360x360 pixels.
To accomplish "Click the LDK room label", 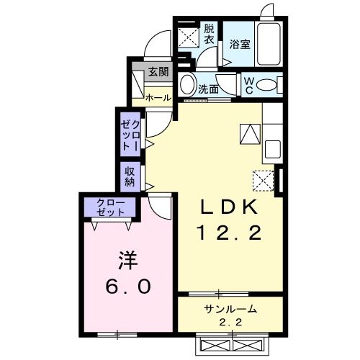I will click(228, 207).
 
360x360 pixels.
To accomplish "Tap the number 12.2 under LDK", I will click(229, 233).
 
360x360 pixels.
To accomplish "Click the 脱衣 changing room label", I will click(209, 35).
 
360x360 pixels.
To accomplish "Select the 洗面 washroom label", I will click(209, 90).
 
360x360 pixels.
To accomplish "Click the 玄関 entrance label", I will click(158, 71).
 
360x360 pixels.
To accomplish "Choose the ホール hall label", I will click(158, 97).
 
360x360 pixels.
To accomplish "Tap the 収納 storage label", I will click(130, 176).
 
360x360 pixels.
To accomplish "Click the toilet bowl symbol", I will click(268, 86).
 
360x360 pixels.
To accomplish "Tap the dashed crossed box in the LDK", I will click(262, 181).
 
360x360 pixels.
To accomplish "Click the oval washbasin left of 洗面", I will click(187, 85).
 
